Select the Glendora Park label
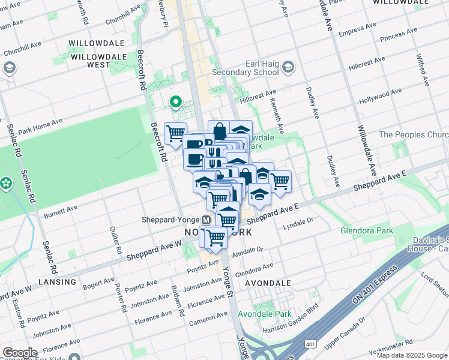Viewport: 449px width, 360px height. (x=366, y=230)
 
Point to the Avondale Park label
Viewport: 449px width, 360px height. (x=264, y=314)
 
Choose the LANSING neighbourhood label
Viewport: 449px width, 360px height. (x=57, y=281)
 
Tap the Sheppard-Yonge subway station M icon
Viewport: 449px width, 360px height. (x=206, y=220)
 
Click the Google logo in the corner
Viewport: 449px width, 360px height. (x=20, y=353)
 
